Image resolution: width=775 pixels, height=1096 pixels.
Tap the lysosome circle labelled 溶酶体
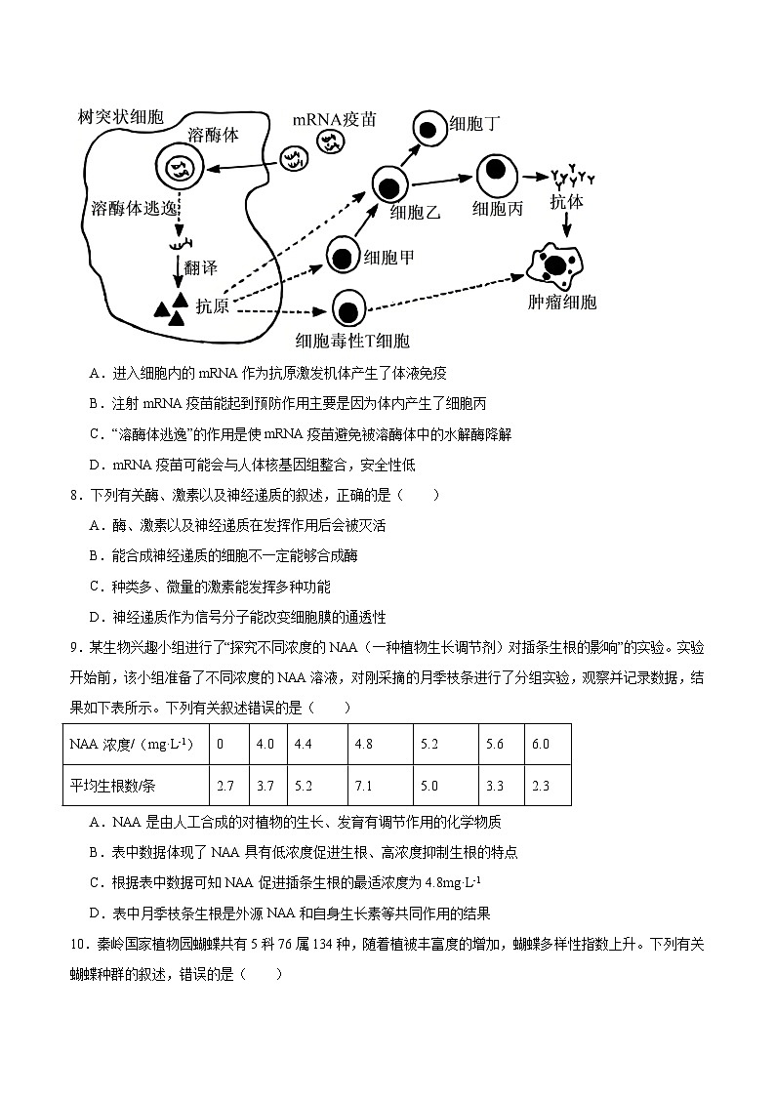point(180,169)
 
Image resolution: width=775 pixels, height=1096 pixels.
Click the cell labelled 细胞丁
point(428,127)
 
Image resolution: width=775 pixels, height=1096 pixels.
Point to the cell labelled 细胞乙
point(390,184)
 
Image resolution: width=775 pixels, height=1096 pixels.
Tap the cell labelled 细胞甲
point(342,258)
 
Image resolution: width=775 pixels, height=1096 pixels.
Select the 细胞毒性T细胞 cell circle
point(348,310)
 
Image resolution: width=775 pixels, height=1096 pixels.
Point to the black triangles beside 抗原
point(170,307)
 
